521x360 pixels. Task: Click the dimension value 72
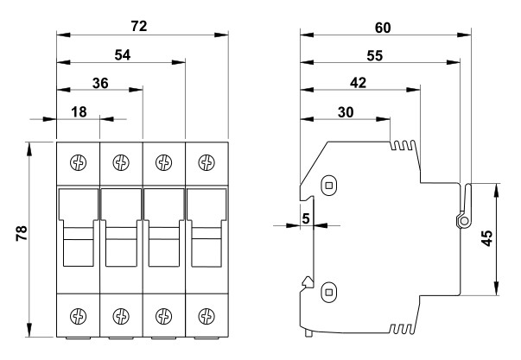(x=137, y=26)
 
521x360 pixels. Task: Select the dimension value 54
(x=122, y=54)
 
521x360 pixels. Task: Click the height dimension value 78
(x=22, y=234)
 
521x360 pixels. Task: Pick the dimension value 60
(x=383, y=27)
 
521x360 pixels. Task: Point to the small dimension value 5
(x=306, y=218)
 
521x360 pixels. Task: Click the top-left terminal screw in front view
(x=78, y=161)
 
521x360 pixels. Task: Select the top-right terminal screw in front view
(x=206, y=161)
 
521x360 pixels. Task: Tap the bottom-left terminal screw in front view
(x=78, y=315)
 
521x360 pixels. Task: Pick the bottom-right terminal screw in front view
(x=206, y=315)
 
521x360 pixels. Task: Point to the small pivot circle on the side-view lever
(x=464, y=221)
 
